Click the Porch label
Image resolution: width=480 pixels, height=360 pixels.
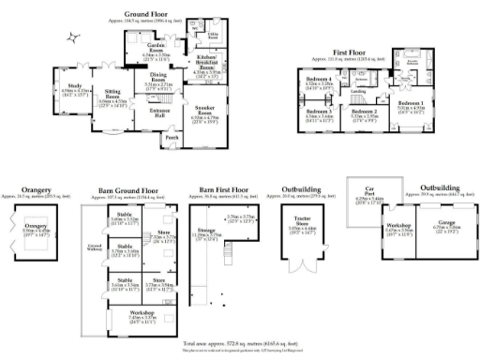[172, 138]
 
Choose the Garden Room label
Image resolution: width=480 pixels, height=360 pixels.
[155, 48]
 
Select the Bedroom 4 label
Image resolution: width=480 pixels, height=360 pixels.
[321, 80]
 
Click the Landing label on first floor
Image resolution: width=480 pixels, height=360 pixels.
[357, 90]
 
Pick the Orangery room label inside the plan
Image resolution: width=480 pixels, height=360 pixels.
[35, 228]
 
